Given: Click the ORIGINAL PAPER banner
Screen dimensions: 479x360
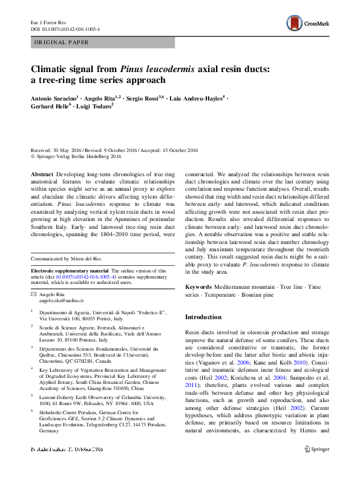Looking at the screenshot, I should (62, 42).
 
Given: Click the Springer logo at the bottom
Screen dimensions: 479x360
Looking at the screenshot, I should (318, 466).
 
